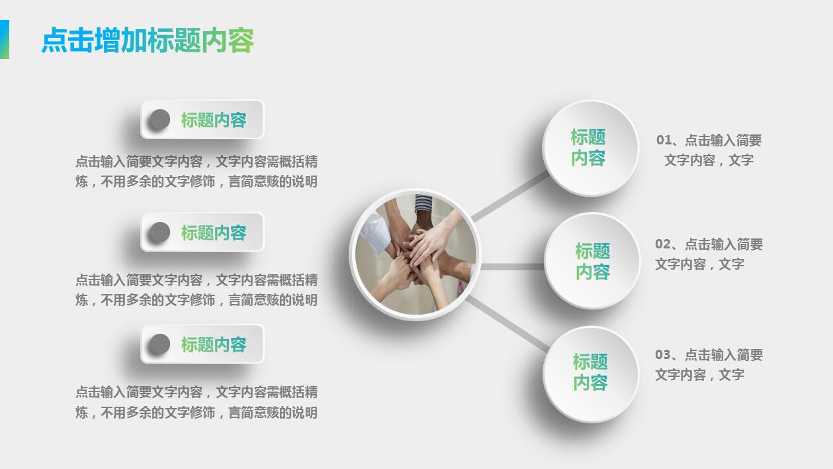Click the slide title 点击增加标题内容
148,40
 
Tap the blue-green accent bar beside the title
4,39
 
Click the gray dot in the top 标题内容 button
159,119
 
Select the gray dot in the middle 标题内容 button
159,232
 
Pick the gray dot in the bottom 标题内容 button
159,344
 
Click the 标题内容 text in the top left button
213,120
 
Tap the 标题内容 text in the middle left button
213,233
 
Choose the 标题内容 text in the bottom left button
213,344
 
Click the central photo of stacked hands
415,254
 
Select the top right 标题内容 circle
590,148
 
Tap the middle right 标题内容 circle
592,261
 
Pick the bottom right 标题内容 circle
590,373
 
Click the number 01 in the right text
664,140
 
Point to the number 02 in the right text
663,244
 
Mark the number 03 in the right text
663,355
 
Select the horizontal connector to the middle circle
512,266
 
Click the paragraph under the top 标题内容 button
197,172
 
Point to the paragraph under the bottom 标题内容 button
197,402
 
